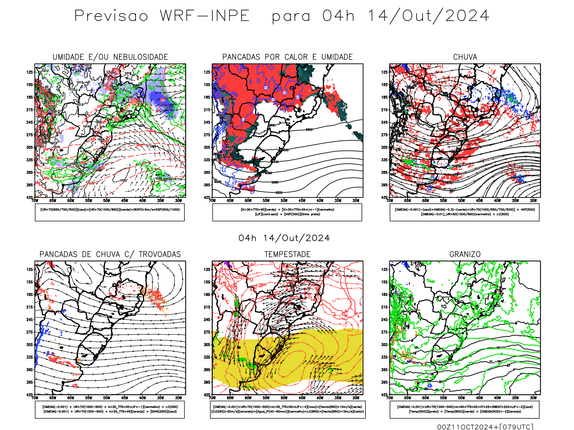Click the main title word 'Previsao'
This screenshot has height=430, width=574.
click(111, 16)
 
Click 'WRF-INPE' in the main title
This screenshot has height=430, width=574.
click(204, 16)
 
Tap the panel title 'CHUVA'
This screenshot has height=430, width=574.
click(465, 57)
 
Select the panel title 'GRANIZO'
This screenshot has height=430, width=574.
click(465, 254)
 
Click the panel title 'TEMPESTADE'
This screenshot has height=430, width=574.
click(287, 254)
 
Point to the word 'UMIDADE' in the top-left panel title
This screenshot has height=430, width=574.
click(68, 57)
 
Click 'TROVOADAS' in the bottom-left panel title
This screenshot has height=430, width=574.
click(160, 254)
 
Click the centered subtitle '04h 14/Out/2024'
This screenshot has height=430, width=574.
click(284, 238)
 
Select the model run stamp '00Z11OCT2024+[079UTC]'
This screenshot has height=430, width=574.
click(485, 427)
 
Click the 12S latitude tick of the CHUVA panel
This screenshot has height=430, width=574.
click(385, 72)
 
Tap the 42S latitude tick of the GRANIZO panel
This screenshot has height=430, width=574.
click(385, 395)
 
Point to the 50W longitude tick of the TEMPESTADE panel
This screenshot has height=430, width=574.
click(284, 398)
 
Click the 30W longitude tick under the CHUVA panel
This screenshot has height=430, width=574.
click(533, 201)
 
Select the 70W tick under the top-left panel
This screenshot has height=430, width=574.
click(35, 201)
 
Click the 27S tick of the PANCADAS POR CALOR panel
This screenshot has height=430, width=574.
click(207, 135)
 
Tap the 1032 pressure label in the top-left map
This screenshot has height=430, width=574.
click(123, 180)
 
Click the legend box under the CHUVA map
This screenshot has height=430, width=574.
click(465, 212)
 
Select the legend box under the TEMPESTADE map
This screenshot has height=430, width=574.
click(287, 409)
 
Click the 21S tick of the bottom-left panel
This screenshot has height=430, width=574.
click(29, 307)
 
